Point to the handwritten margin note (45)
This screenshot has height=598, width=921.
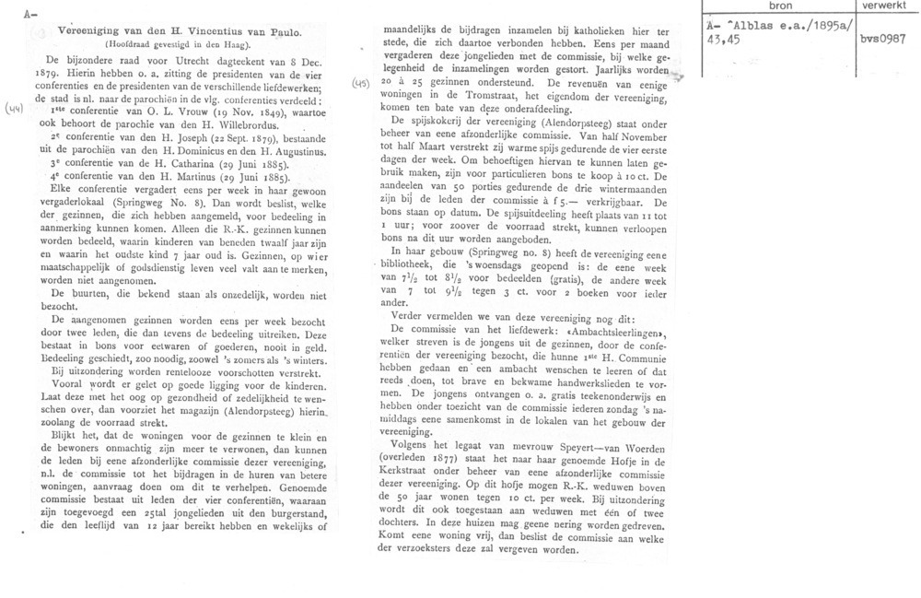click(x=362, y=84)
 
